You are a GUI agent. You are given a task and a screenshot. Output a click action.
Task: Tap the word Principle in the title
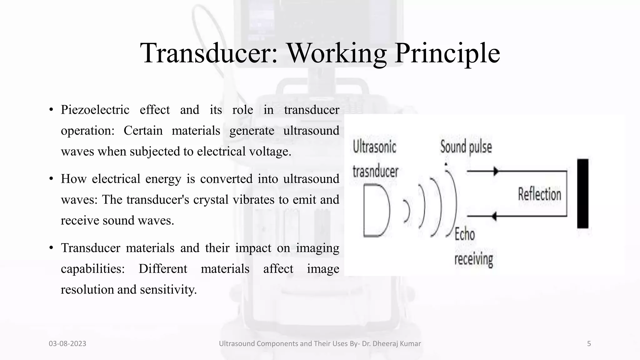pyautogui.click(x=447, y=53)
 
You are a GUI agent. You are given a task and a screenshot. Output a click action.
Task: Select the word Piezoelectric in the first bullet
pyautogui.click(x=95, y=110)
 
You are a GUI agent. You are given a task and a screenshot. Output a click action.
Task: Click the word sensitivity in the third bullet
pyautogui.click(x=168, y=290)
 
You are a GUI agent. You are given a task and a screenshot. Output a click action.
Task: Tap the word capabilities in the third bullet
pyautogui.click(x=92, y=269)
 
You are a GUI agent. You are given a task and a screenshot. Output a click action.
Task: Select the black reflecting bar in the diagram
pyautogui.click(x=582, y=193)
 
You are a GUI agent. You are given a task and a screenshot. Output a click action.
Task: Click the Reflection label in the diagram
pyautogui.click(x=539, y=194)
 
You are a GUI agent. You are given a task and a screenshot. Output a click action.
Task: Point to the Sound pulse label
pyautogui.click(x=466, y=147)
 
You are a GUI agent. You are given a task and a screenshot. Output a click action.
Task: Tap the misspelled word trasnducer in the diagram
pyautogui.click(x=375, y=171)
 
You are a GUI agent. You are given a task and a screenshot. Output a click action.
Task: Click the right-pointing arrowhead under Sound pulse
pyautogui.click(x=495, y=171)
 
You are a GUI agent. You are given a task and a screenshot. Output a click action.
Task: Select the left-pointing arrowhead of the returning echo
pyautogui.click(x=494, y=216)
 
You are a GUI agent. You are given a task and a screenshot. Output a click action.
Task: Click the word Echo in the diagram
pyautogui.click(x=465, y=234)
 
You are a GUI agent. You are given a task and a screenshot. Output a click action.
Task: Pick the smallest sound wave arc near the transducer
pyautogui.click(x=407, y=211)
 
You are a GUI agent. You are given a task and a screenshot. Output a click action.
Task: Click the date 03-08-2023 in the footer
pyautogui.click(x=67, y=344)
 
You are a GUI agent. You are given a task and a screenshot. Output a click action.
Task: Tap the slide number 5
pyautogui.click(x=589, y=344)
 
